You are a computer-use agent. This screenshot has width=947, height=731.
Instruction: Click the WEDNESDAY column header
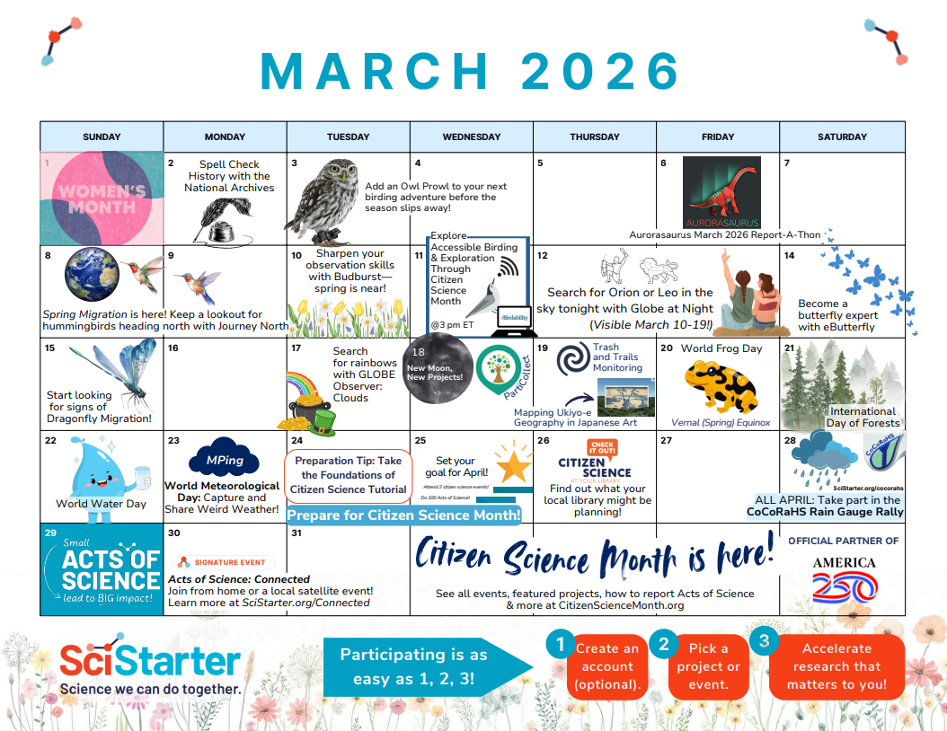(472, 137)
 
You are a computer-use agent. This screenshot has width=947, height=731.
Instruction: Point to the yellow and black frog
(721, 385)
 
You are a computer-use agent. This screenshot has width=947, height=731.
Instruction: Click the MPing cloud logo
(225, 461)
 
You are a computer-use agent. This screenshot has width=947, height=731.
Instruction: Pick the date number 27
(666, 441)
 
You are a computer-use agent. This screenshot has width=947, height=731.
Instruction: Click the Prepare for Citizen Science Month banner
(404, 515)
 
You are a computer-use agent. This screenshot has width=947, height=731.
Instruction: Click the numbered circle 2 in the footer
(664, 644)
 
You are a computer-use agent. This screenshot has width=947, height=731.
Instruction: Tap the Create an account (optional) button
(608, 666)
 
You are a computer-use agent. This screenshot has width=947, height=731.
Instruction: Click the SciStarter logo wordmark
(150, 662)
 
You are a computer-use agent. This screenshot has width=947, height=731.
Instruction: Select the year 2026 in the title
(601, 69)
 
